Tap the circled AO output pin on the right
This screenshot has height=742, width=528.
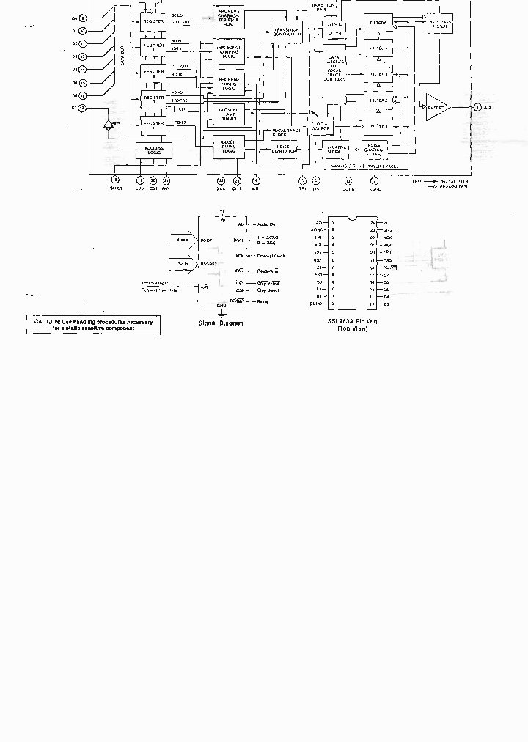477,107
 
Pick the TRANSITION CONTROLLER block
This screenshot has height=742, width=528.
282,32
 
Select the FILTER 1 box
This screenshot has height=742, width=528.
378,125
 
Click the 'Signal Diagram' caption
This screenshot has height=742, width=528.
221,323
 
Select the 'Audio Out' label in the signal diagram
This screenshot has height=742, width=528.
267,224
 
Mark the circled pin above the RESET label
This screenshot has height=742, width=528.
114,180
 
